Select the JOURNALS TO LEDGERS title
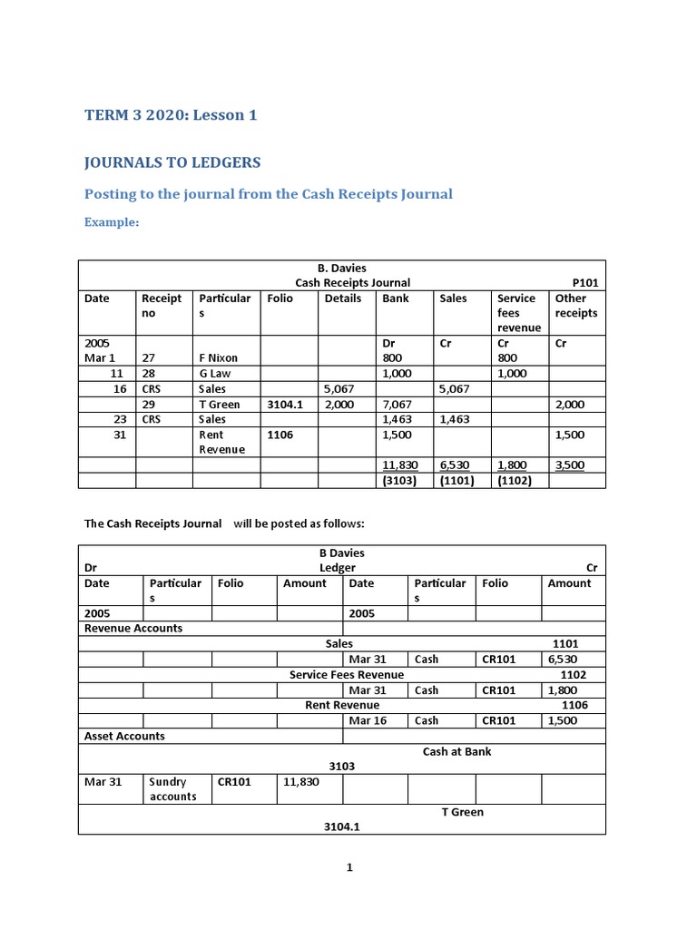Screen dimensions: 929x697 [x=172, y=162]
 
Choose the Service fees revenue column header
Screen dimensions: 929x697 [x=519, y=312]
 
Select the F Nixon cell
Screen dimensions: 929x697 [x=218, y=358]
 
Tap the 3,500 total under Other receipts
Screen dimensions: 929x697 [x=569, y=465]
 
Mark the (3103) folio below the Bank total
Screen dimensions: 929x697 [x=398, y=481]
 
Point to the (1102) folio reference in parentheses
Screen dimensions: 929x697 [x=514, y=481]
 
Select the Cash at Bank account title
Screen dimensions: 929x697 [x=456, y=751]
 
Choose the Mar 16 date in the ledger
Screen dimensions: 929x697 [x=368, y=720]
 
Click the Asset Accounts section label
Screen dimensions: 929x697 [x=124, y=736]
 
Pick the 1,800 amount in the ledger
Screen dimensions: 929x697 [x=562, y=690]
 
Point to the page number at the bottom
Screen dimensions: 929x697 [x=348, y=867]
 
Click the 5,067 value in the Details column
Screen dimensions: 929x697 [x=339, y=389]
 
